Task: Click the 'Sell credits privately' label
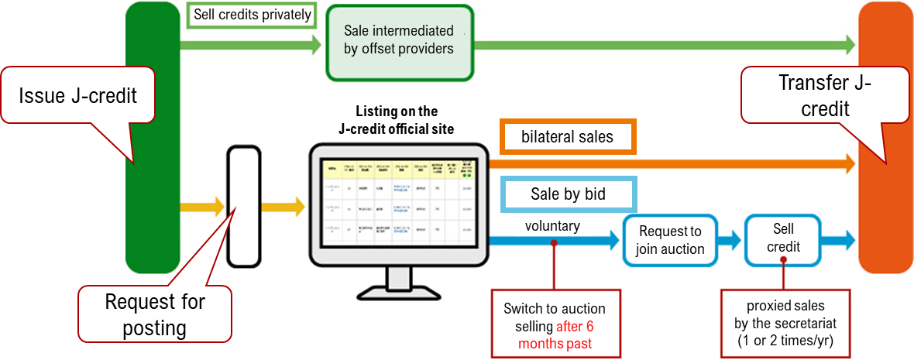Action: click(x=252, y=15)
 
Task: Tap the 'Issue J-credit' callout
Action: click(x=77, y=96)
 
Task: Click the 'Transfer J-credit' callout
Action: click(x=824, y=95)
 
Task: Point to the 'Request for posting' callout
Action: click(x=155, y=314)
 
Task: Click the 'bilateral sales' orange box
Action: click(x=569, y=138)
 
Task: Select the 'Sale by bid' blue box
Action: click(x=569, y=194)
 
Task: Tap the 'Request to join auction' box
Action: click(x=669, y=240)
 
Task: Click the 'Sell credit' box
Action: click(x=783, y=238)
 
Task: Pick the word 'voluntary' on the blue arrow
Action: click(x=551, y=226)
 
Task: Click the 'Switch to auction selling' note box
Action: click(x=554, y=324)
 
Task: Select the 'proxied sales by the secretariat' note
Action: click(x=785, y=323)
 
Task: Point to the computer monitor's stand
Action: click(x=399, y=282)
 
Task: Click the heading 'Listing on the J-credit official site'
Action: click(x=397, y=120)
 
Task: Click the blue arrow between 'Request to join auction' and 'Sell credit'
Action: click(x=728, y=240)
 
